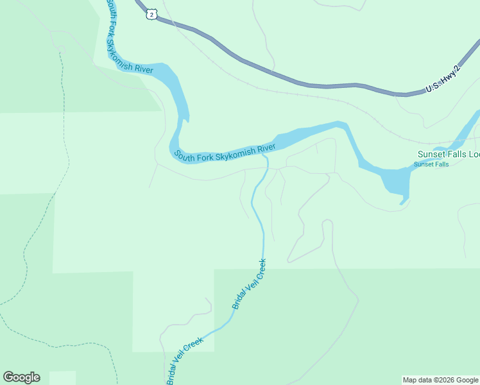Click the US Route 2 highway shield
(x=151, y=14)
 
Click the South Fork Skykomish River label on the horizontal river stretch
(x=225, y=152)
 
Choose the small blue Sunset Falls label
(x=431, y=164)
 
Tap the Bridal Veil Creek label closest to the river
(x=249, y=284)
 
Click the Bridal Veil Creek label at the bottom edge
(x=185, y=361)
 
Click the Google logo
(x=21, y=377)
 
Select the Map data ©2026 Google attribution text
(x=441, y=380)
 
